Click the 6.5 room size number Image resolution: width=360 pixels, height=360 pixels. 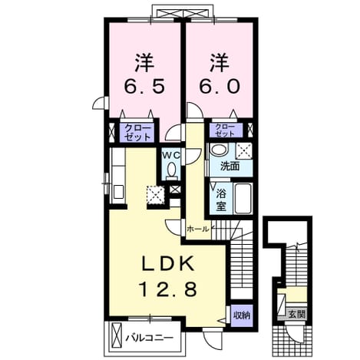pyautogui.click(x=144, y=86)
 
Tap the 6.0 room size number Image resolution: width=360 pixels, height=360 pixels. pyautogui.click(x=220, y=86)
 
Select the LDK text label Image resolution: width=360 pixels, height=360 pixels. pyautogui.click(x=167, y=264)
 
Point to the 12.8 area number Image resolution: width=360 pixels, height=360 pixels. pyautogui.click(x=167, y=289)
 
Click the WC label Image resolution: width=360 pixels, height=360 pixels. pyautogui.click(x=171, y=154)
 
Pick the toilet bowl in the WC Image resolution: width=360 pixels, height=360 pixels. pyautogui.click(x=171, y=170)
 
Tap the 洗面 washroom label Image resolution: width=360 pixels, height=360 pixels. pyautogui.click(x=230, y=167)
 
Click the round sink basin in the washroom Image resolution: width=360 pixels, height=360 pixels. pyautogui.click(x=219, y=150)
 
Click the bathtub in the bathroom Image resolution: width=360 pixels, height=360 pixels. pyautogui.click(x=243, y=198)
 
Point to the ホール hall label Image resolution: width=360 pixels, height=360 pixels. pyautogui.click(x=197, y=229)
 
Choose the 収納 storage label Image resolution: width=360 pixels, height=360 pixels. pyautogui.click(x=241, y=315)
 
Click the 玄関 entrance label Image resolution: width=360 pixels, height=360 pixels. pyautogui.click(x=297, y=314)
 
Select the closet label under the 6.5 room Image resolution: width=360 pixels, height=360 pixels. pyautogui.click(x=137, y=133)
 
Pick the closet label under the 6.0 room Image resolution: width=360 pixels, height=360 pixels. pyautogui.click(x=225, y=130)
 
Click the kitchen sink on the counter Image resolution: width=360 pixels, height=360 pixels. pyautogui.click(x=118, y=192)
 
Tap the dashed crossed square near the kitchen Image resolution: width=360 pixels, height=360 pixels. pyautogui.click(x=155, y=195)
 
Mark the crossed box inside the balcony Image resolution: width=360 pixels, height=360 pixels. pyautogui.click(x=117, y=336)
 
